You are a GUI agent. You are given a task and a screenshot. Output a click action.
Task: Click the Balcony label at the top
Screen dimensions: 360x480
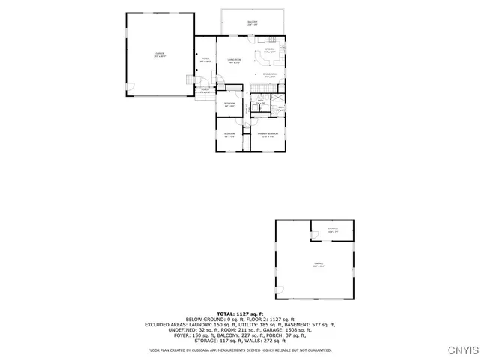point(253,23)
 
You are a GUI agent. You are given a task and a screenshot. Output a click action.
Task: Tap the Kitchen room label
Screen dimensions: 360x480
point(271,50)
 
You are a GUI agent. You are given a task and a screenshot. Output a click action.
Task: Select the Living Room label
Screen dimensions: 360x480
point(234,61)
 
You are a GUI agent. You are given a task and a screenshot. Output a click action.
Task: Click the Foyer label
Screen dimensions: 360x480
point(204,60)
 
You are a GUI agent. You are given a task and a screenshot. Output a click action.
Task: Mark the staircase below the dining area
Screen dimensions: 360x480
point(260,88)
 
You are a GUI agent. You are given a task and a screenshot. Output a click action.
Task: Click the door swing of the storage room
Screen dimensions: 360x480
point(314,237)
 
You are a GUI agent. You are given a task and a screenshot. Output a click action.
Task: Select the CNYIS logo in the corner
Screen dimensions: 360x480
point(461,349)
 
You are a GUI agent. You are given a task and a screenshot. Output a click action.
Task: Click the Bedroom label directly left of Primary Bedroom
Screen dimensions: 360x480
point(229,135)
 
